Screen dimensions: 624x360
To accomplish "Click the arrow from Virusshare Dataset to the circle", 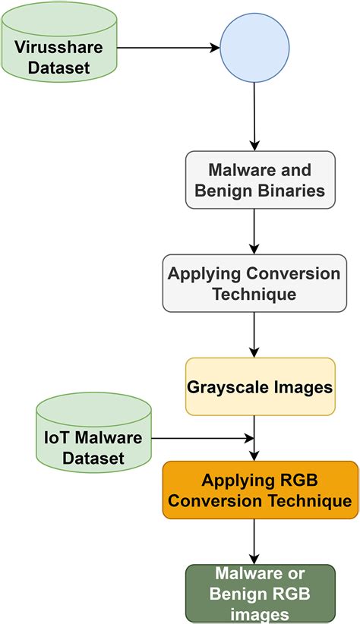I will tap(167, 48).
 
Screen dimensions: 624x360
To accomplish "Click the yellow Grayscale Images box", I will tap(260, 386).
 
